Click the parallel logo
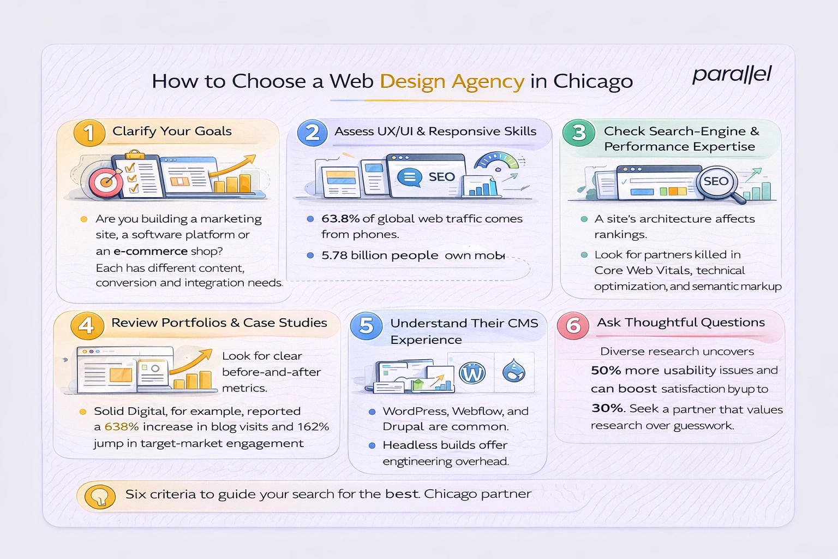[732, 74]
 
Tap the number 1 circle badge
[89, 133]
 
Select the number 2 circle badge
[312, 133]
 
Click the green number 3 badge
[578, 133]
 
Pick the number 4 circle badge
[86, 325]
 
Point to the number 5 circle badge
[366, 326]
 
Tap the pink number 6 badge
[573, 326]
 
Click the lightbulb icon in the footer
[100, 496]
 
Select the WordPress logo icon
[472, 373]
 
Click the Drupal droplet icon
[513, 371]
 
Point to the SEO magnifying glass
[719, 184]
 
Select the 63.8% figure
[340, 219]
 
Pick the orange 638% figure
[122, 427]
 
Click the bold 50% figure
[606, 371]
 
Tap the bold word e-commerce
[150, 251]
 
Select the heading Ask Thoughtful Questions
[681, 323]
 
